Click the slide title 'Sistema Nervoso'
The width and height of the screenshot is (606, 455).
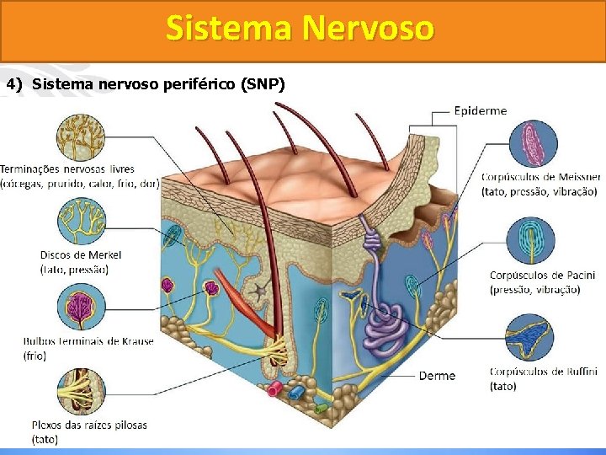[300, 29]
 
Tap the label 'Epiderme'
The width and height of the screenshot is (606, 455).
[481, 110]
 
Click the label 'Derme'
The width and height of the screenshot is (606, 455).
[437, 376]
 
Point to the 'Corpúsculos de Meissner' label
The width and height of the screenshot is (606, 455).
[540, 177]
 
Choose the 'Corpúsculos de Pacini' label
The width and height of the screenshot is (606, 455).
[542, 276]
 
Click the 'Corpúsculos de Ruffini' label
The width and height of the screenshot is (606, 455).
[543, 372]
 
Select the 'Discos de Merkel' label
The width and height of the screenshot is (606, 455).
[81, 254]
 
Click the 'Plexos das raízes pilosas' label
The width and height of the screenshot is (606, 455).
[88, 425]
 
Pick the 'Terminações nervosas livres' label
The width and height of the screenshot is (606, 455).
[67, 169]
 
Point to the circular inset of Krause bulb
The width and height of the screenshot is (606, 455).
[81, 307]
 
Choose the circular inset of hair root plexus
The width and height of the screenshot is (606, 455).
[81, 391]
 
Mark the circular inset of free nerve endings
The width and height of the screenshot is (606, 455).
[81, 137]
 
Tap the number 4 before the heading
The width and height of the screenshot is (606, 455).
[11, 84]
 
